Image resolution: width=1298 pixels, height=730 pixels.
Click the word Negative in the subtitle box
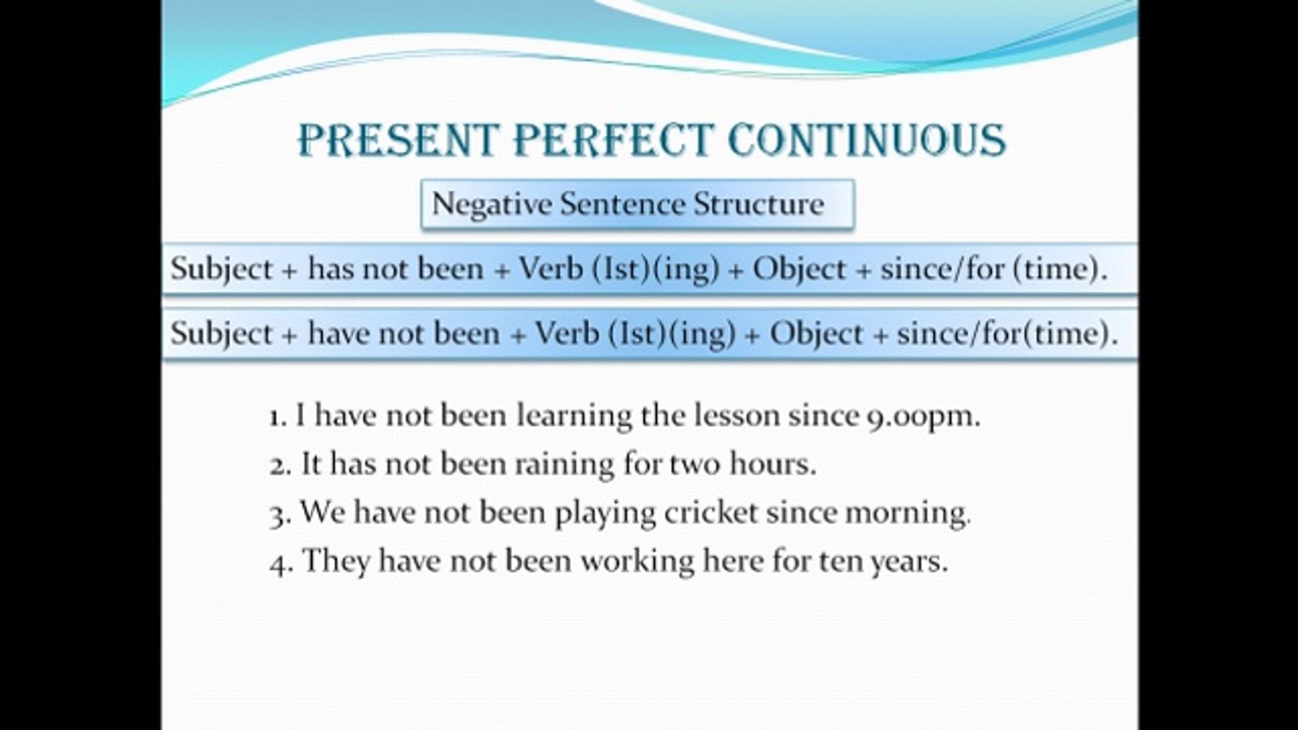click(492, 204)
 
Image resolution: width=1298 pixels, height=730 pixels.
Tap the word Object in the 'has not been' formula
click(799, 270)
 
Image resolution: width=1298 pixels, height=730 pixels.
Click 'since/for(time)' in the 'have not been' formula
click(1007, 334)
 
